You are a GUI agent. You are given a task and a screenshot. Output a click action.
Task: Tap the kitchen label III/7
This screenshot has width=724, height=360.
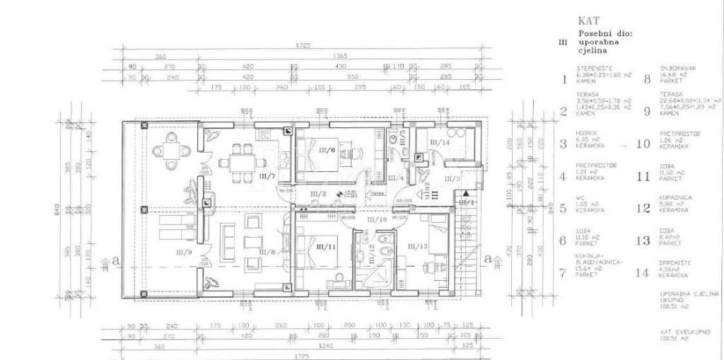[x=266, y=175]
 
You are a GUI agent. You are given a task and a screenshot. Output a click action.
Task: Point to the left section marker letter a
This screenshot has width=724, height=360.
[x=115, y=262]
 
